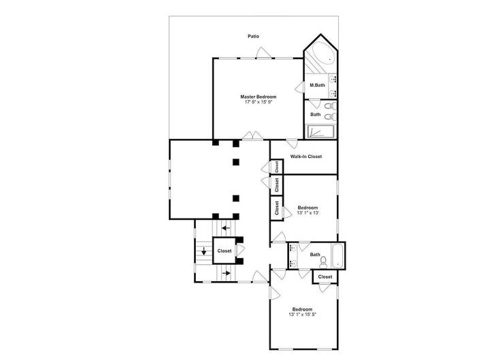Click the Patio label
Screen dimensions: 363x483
point(253,36)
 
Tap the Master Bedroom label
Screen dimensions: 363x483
point(259,97)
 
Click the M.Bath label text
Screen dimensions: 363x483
point(317,85)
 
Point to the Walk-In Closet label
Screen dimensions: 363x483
point(306,157)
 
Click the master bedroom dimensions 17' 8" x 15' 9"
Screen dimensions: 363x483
point(259,103)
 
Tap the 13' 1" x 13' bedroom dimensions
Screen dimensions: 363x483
point(307,213)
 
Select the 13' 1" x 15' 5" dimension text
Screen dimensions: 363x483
point(303,315)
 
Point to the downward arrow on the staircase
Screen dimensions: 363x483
point(203,251)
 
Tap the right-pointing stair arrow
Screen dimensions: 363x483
point(225,274)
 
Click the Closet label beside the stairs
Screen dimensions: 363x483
point(224,251)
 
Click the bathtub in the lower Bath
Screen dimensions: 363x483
point(338,255)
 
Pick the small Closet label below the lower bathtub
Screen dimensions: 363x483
point(325,277)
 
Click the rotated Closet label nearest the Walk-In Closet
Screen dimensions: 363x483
point(278,166)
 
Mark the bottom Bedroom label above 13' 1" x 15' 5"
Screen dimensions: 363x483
point(303,309)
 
